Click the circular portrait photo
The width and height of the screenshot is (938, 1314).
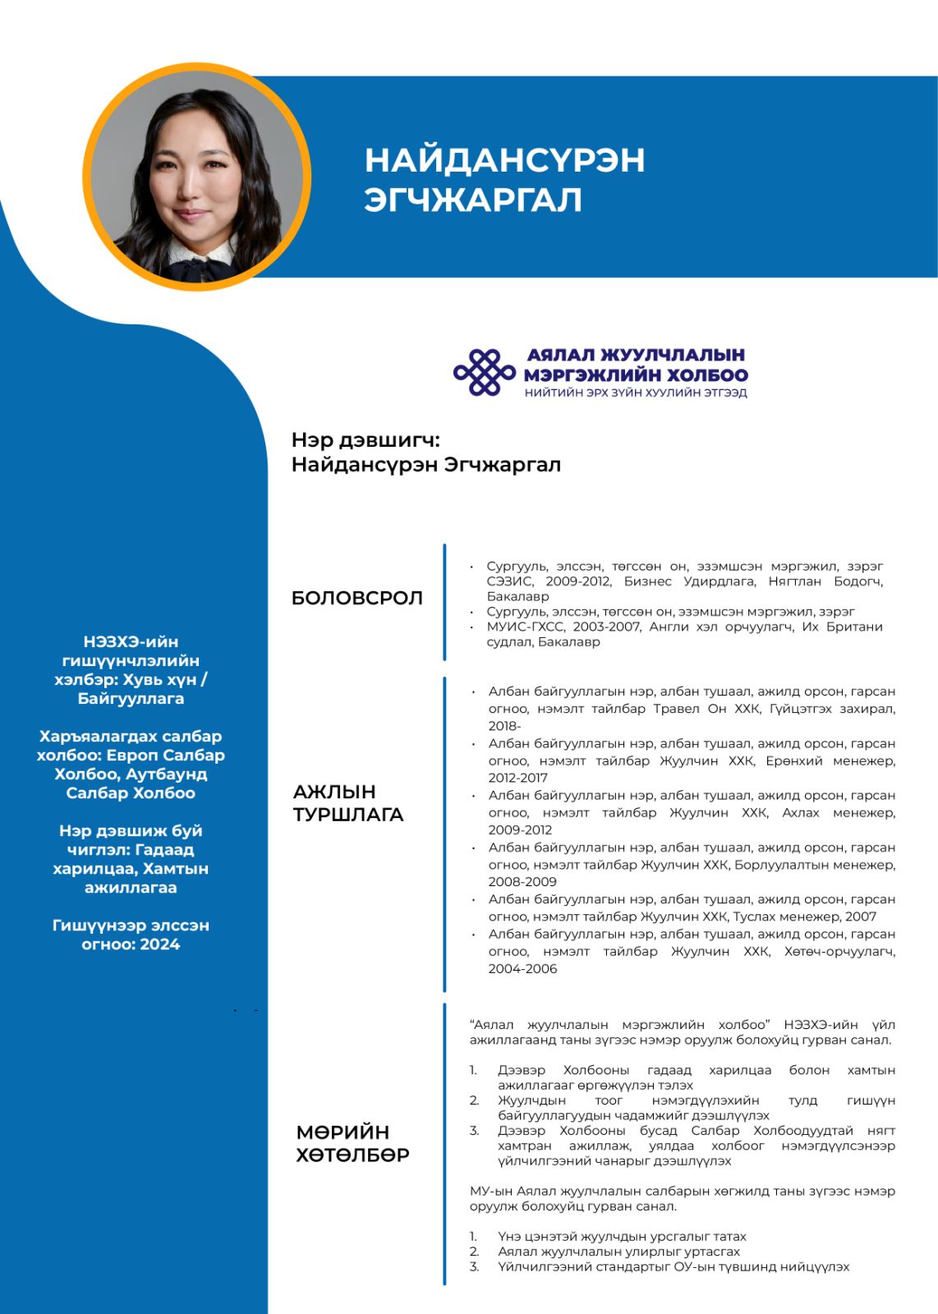[x=197, y=177]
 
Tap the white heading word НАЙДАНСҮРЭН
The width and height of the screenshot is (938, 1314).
[x=504, y=160]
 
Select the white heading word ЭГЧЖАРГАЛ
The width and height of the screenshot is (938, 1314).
[x=473, y=200]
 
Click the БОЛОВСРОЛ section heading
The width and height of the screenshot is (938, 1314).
[x=357, y=598]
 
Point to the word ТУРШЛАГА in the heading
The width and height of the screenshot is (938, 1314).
[x=348, y=815]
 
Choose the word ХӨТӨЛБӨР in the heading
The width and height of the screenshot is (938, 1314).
[x=352, y=1155]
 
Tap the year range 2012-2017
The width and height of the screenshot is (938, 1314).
[x=517, y=778]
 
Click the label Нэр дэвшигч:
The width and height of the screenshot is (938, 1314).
[x=366, y=440]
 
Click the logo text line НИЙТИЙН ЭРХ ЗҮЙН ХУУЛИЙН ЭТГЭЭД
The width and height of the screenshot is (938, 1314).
[x=636, y=393]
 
